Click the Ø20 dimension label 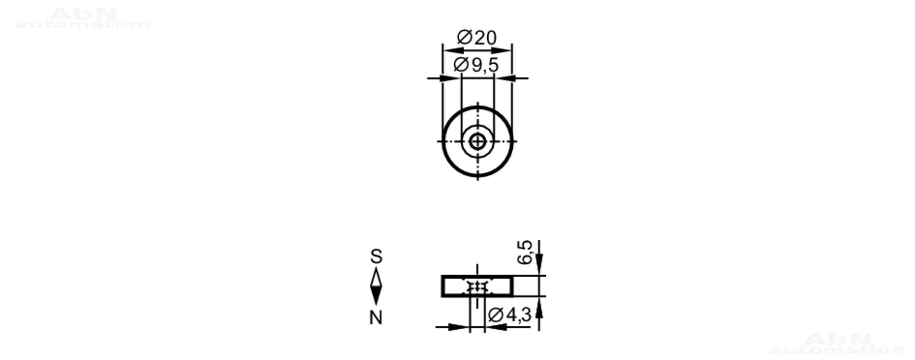pyautogui.click(x=477, y=38)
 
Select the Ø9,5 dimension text pyautogui.click(x=476, y=65)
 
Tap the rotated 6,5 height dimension pyautogui.click(x=525, y=252)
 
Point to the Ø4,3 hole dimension pyautogui.click(x=510, y=315)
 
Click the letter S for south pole pyautogui.click(x=376, y=257)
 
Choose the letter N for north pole pyautogui.click(x=376, y=317)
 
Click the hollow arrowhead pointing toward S pyautogui.click(x=376, y=277)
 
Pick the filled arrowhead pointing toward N pyautogui.click(x=376, y=296)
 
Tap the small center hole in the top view pyautogui.click(x=478, y=142)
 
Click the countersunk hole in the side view pyautogui.click(x=477, y=287)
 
